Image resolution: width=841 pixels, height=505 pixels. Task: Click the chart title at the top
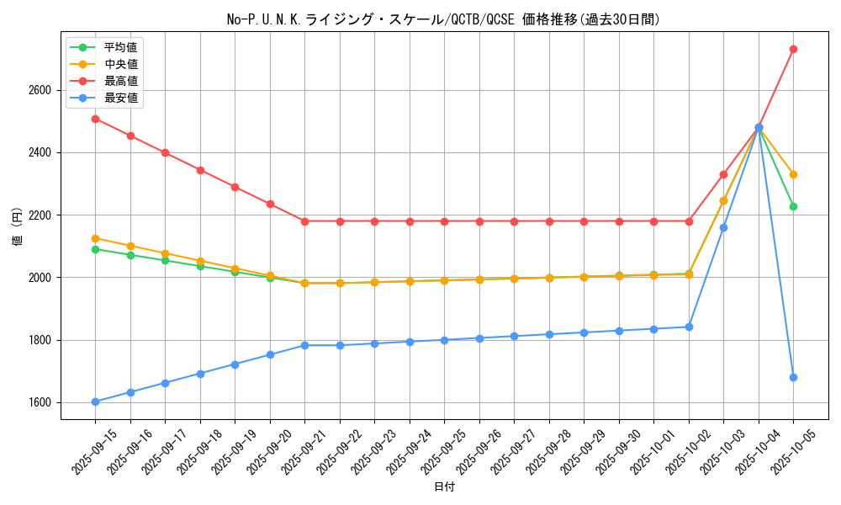tap(443, 19)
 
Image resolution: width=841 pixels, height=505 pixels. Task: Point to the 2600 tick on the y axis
tap(40, 90)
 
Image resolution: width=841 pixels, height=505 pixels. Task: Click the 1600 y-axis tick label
tap(40, 402)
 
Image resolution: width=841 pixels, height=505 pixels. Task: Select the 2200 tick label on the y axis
tap(40, 215)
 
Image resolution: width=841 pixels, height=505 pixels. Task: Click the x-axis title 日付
tap(443, 487)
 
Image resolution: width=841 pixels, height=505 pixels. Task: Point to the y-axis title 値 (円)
tap(18, 227)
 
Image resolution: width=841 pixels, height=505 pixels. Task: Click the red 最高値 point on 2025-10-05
tap(793, 49)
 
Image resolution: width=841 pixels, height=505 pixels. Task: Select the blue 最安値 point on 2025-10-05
tap(793, 377)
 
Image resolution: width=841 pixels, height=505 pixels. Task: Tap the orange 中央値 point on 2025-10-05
tap(793, 174)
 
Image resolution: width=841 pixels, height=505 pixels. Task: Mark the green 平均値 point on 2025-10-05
tap(793, 206)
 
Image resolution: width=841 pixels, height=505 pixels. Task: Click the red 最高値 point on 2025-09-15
tap(95, 119)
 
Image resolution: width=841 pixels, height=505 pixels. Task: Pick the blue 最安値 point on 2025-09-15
tap(95, 401)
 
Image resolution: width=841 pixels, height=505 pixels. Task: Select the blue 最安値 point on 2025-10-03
tap(723, 227)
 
